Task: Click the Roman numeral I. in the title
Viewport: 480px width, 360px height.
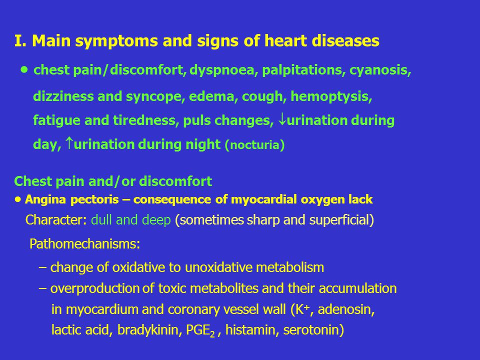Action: [x=20, y=40]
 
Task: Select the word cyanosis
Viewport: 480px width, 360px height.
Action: [x=380, y=70]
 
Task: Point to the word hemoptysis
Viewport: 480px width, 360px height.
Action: [x=331, y=96]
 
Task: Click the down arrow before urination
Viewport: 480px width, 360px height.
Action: [x=282, y=119]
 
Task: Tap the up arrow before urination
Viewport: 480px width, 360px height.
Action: [x=70, y=143]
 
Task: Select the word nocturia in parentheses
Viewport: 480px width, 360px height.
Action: [x=254, y=145]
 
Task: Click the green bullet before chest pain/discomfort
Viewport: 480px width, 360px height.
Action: [x=24, y=70]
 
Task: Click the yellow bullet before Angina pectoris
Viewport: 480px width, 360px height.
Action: [x=18, y=199]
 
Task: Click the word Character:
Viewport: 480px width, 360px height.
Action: [x=56, y=220]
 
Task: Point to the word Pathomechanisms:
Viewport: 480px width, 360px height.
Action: [x=85, y=244]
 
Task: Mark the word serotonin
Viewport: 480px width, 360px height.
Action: [x=311, y=330]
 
